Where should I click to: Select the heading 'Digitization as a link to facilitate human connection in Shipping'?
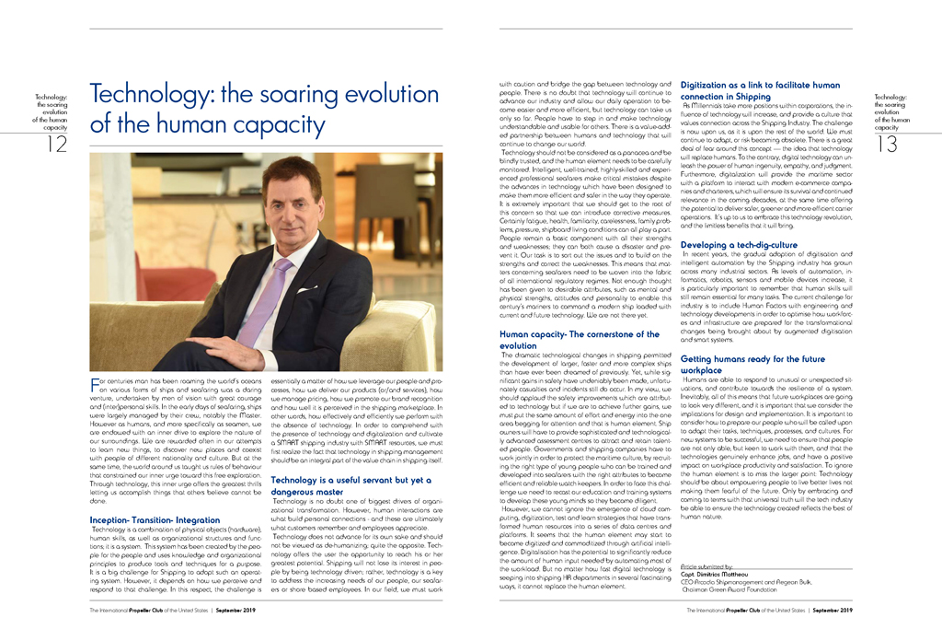[760, 90]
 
